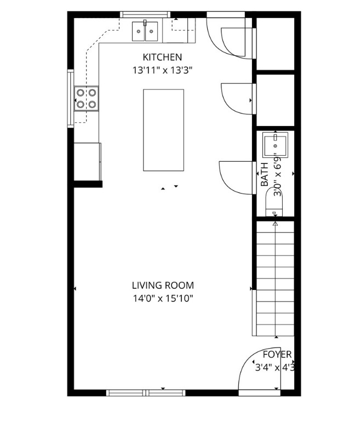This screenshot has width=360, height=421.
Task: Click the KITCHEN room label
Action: point(162,57)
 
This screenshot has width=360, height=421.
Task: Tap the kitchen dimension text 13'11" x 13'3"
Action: point(162,70)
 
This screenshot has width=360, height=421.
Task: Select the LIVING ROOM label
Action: point(162,286)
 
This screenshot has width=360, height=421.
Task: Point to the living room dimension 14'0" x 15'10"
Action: point(162,299)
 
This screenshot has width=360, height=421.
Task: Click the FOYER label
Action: point(277,355)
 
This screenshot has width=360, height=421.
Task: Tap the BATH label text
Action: point(265,175)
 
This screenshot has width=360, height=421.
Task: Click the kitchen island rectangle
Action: point(163,130)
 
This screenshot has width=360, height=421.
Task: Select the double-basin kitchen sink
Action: point(145,31)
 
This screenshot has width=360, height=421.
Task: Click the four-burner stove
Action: point(87,98)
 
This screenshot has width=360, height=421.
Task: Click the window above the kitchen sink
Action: point(145,15)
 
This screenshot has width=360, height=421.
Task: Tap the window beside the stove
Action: point(70,99)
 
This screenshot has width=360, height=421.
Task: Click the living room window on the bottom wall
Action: point(146,392)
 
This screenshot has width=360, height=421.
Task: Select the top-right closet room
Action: point(276,43)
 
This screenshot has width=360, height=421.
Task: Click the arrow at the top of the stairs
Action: point(275,223)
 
